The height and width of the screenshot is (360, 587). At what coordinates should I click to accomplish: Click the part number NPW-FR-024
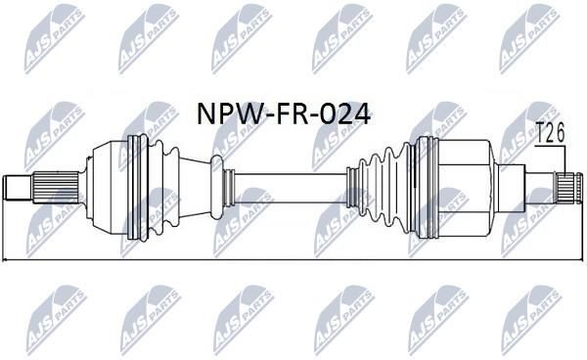(284, 113)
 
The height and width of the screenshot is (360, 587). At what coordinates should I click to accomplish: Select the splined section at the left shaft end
(56, 187)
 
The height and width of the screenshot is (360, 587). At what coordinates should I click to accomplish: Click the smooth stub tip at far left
(18, 188)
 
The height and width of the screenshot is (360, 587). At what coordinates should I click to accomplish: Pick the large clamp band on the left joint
(138, 187)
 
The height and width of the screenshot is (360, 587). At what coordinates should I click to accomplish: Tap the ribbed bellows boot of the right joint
(385, 188)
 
